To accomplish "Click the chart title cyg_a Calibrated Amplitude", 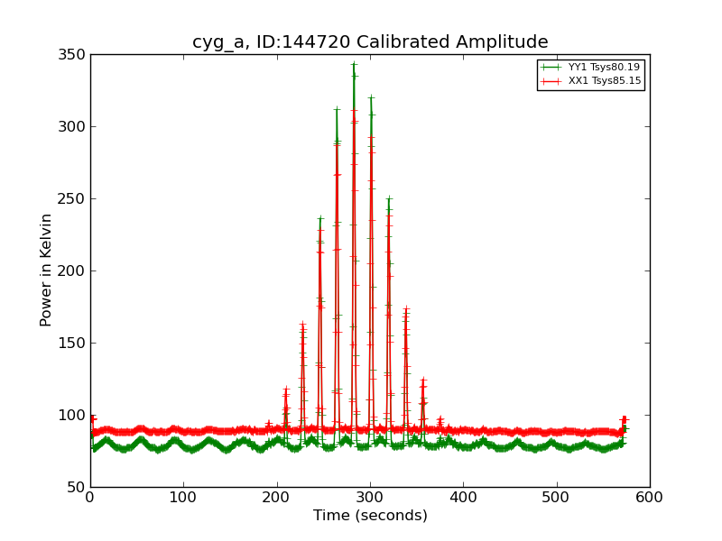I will point(370,42).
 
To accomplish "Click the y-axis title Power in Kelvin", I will point(46,270).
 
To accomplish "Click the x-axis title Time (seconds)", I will point(370,516).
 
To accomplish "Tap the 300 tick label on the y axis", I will point(73,126).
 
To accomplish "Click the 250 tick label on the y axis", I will point(73,198).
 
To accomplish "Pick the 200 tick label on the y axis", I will point(73,270).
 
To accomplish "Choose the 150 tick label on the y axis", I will point(73,343).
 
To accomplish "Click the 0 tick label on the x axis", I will point(90,497).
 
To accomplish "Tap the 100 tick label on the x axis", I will point(183,497).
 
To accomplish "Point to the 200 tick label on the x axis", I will point(277,497).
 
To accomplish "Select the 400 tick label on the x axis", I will point(463,497).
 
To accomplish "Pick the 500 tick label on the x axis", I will point(557,497).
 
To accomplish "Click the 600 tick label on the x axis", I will point(650,497).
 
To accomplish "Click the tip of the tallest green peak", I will point(354,64).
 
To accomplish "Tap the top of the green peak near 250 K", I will point(389,199).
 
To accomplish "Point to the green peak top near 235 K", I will point(320,218).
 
